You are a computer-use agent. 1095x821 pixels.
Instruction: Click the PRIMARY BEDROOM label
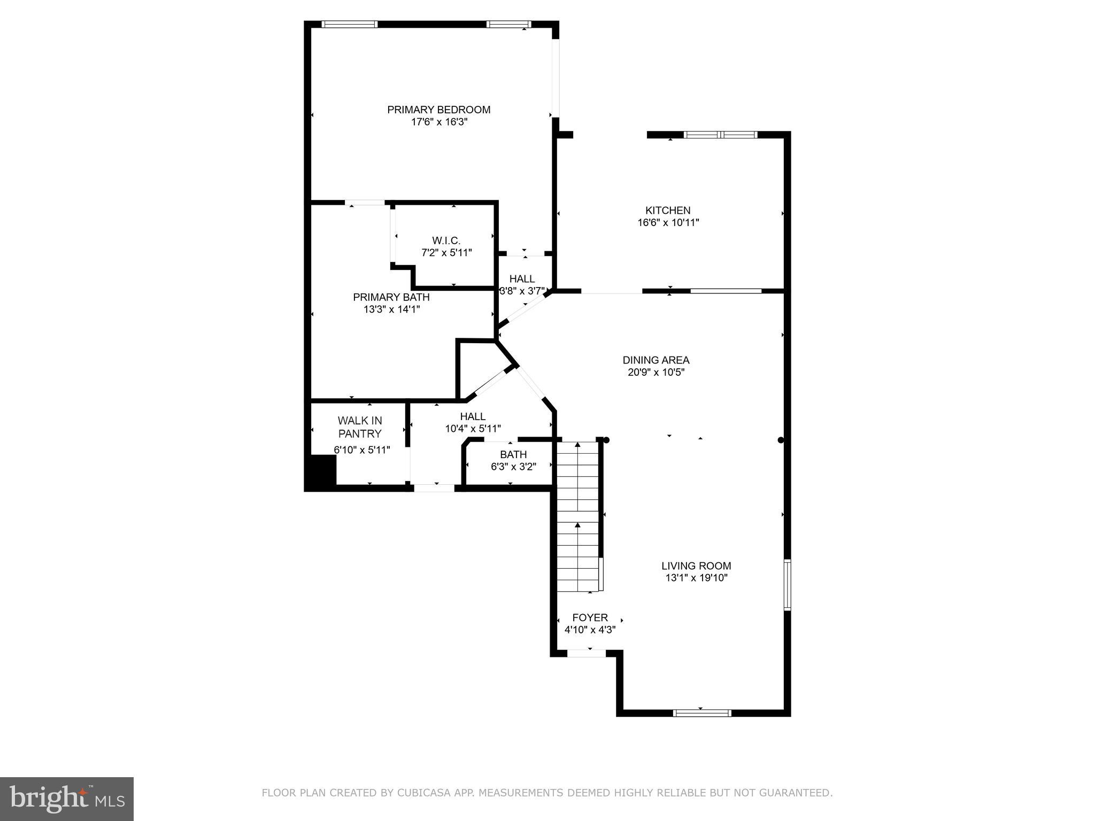tap(438, 110)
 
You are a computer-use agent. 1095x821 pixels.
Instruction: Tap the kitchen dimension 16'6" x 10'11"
tap(668, 223)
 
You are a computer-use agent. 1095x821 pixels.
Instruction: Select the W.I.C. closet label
tap(446, 241)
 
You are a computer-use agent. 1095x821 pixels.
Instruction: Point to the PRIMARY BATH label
tap(391, 297)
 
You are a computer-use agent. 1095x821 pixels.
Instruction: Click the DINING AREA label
tap(656, 360)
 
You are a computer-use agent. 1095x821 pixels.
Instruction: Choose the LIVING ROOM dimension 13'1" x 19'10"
tap(696, 578)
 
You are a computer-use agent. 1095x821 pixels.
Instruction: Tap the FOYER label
tap(590, 618)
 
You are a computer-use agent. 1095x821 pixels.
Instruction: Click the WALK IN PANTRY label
tap(360, 427)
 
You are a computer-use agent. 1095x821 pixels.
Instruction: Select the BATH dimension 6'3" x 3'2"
tap(513, 467)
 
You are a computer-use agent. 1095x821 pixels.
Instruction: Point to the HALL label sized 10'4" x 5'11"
tap(473, 416)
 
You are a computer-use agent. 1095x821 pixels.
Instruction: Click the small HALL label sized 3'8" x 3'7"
tap(522, 279)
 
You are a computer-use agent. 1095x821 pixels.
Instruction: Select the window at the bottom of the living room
tap(701, 712)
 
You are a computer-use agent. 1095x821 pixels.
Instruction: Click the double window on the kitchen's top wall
tap(721, 135)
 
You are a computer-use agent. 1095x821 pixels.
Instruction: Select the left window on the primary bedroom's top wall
tap(350, 24)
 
